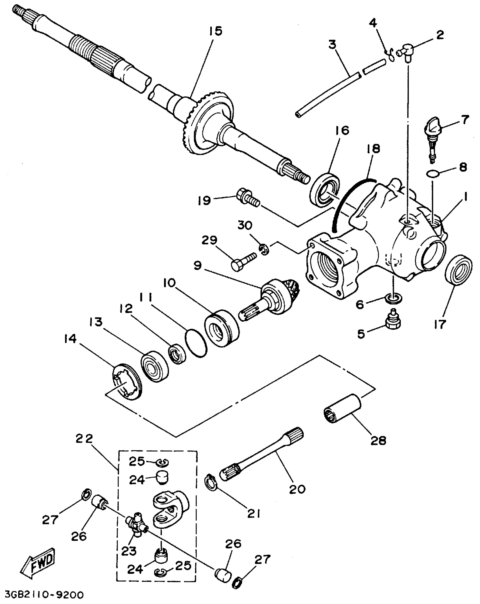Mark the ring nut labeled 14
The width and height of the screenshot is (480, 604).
(x=127, y=381)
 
